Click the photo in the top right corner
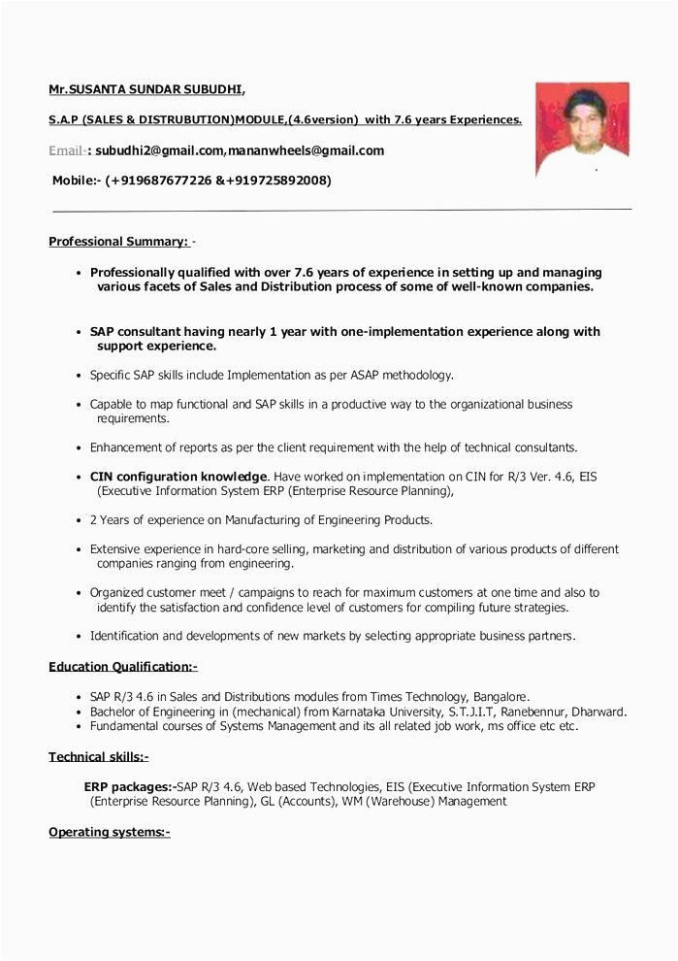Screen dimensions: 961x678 (582, 129)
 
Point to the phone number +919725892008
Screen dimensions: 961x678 (278, 181)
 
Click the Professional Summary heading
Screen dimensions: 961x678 (118, 242)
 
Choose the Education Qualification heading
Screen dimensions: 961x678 (123, 667)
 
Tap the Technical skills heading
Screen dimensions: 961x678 (99, 757)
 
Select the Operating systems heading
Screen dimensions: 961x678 (110, 832)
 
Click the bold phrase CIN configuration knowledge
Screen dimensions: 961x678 (178, 477)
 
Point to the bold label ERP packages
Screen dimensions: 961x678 (129, 786)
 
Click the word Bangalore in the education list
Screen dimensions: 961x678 (500, 697)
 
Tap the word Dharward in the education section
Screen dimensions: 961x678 (597, 712)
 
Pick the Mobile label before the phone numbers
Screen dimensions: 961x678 (75, 181)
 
